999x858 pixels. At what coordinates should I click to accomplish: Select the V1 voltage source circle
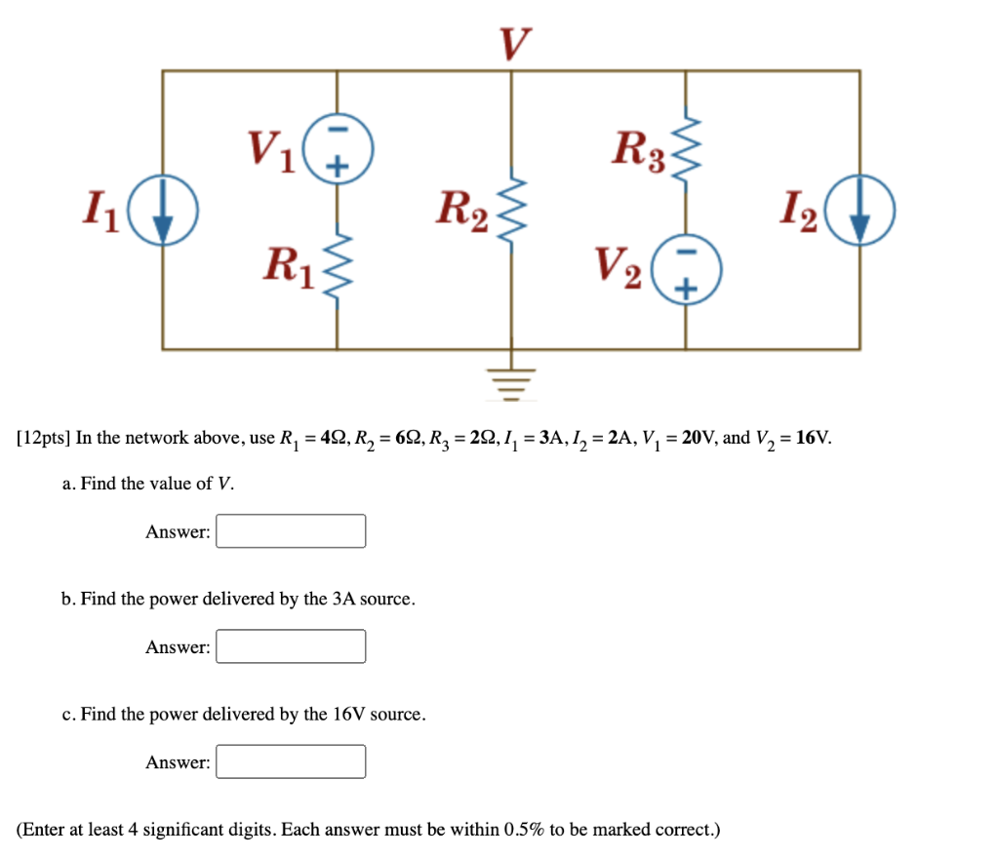tap(338, 148)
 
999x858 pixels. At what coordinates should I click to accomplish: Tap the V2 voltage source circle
tap(685, 270)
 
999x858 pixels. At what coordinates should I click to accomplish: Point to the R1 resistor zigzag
tap(338, 269)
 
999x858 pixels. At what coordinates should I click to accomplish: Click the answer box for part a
tap(291, 531)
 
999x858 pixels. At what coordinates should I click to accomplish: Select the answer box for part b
tap(291, 646)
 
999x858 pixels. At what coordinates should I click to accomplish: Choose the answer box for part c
tap(291, 761)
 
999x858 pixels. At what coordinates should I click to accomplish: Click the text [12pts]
tap(43, 438)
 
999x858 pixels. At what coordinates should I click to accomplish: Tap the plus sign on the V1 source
tap(338, 164)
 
